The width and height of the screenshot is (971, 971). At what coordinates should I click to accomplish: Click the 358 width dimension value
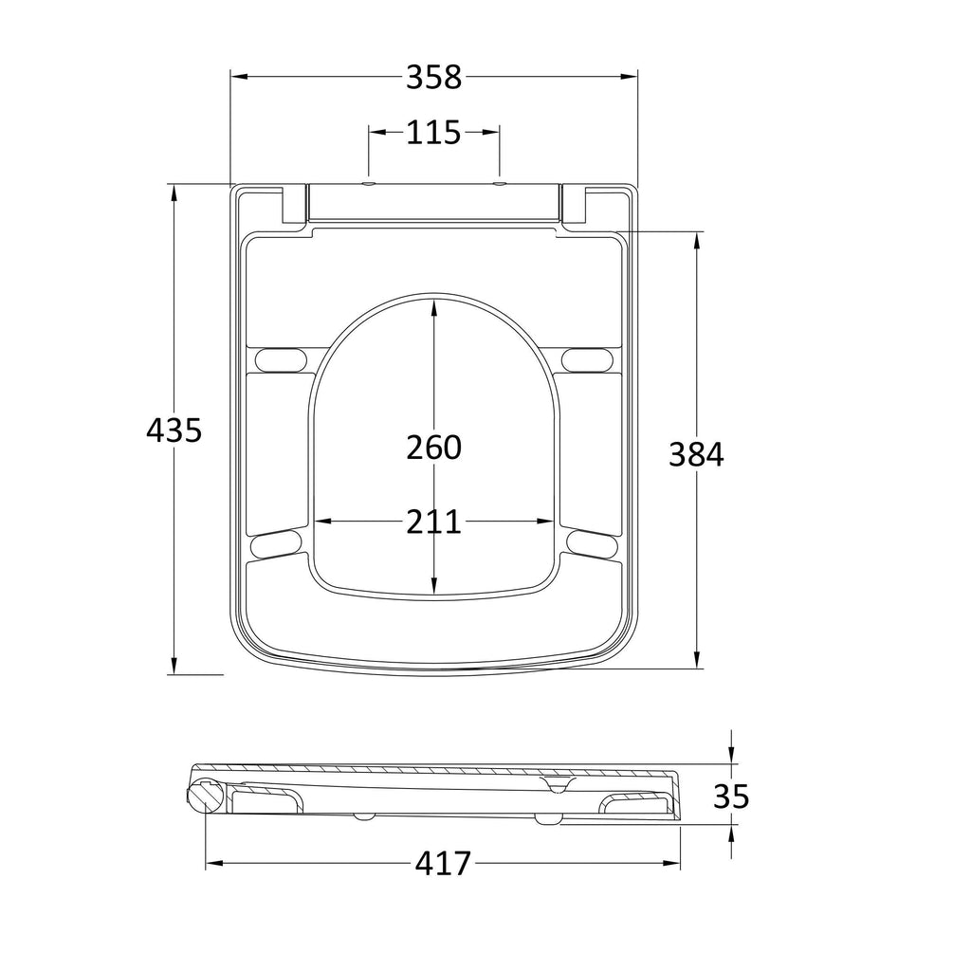[433, 78]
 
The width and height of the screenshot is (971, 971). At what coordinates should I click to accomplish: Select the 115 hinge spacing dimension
[433, 133]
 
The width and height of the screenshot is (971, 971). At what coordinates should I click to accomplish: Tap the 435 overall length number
[174, 431]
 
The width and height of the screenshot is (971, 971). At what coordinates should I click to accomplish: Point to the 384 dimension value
[696, 454]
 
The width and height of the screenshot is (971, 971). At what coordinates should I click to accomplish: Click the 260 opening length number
[433, 448]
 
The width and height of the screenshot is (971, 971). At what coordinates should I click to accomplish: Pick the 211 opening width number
[433, 522]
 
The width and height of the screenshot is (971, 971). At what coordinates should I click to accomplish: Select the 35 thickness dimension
[731, 797]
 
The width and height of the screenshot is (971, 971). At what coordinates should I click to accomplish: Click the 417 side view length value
[443, 863]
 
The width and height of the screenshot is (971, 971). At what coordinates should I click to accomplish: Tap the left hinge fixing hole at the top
[369, 184]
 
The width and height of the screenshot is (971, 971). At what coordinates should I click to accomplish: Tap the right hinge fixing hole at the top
[499, 184]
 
